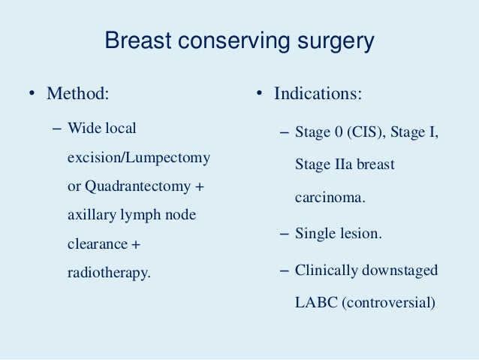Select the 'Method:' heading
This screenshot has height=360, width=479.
77,95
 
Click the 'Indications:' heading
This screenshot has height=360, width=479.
318,95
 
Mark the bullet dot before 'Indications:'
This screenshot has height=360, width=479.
257,95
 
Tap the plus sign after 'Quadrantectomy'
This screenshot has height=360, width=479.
199,186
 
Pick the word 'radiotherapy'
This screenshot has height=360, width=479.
109,273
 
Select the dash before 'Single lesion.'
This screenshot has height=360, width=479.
283,234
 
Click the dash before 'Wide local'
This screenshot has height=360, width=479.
57,129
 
